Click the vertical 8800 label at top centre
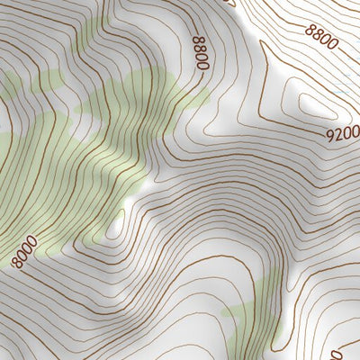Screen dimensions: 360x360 click(200, 53)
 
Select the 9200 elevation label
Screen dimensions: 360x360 click(342, 133)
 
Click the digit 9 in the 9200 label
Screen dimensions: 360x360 click(330, 136)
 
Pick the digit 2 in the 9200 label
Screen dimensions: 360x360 click(338, 134)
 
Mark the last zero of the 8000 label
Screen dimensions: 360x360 click(34, 241)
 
